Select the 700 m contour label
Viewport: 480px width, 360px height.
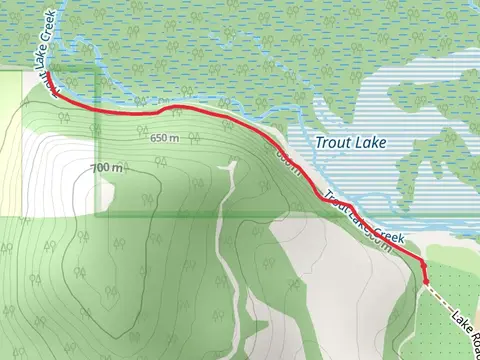click(105, 167)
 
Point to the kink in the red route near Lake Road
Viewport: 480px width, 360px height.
click(421, 263)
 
